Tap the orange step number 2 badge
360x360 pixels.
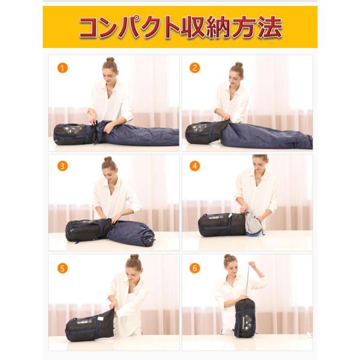194,67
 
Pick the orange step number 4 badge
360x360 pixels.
194,166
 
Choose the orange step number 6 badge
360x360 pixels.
194,268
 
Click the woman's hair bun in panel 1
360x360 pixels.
110,60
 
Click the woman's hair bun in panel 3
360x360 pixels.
109,160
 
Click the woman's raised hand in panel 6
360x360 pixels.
252,265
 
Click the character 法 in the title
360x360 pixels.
268,28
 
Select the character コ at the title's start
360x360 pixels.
91,28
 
